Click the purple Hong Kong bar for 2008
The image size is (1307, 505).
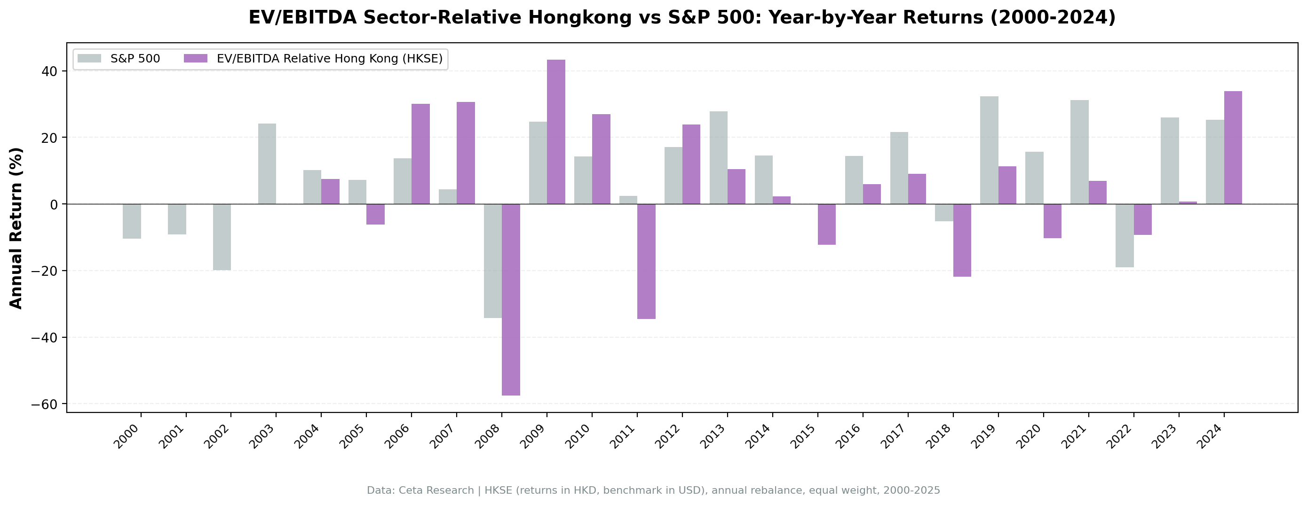tap(510, 299)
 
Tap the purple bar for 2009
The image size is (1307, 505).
tap(555, 132)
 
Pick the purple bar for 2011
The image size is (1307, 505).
tap(646, 261)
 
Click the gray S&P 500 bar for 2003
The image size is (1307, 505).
tap(267, 163)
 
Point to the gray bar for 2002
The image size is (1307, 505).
tap(222, 237)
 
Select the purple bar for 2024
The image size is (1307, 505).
tap(1233, 148)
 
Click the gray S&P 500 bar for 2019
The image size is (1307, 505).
tap(989, 150)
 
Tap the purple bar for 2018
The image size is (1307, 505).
tap(962, 240)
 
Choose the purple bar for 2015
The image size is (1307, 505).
tap(826, 224)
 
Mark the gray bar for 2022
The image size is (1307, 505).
tap(1125, 235)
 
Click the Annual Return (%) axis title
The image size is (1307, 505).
tap(16, 228)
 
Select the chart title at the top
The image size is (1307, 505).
tap(682, 18)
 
